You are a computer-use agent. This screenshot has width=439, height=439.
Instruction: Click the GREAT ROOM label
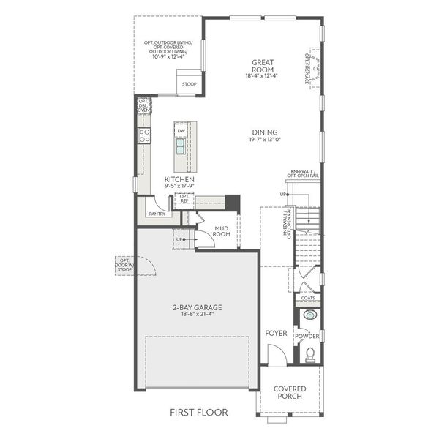point(263,66)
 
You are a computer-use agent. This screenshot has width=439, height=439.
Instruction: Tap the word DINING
point(263,132)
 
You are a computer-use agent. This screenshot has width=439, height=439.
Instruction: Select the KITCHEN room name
point(179,180)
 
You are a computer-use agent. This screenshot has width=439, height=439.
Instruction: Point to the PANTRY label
point(157,214)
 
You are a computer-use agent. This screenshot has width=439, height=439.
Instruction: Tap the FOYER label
point(277,333)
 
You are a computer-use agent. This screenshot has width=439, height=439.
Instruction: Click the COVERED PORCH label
point(289,393)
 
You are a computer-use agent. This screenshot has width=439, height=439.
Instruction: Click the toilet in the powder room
point(309,356)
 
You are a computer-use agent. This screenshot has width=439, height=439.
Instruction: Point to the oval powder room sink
point(309,316)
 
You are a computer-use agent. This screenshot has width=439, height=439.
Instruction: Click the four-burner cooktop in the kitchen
point(145,135)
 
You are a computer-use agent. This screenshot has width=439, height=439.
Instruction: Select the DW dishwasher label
point(181,131)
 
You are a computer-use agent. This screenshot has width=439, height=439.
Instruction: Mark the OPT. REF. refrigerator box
point(185,198)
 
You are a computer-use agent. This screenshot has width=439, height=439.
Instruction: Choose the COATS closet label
point(308,299)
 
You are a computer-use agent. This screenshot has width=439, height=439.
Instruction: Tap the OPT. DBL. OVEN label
point(143,106)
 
